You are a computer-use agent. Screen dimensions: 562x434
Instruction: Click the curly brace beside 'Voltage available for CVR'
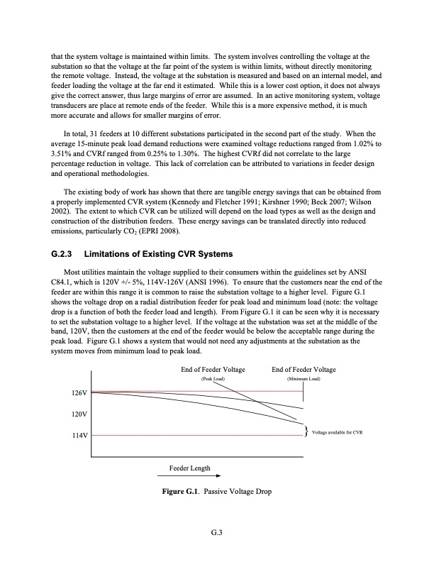305,432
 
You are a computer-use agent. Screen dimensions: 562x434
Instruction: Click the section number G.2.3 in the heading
64,253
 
